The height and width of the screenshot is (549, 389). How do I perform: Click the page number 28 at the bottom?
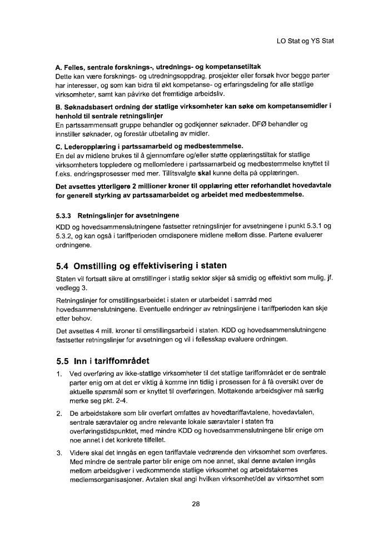point(195,504)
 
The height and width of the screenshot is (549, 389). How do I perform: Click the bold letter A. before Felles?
point(59,66)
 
